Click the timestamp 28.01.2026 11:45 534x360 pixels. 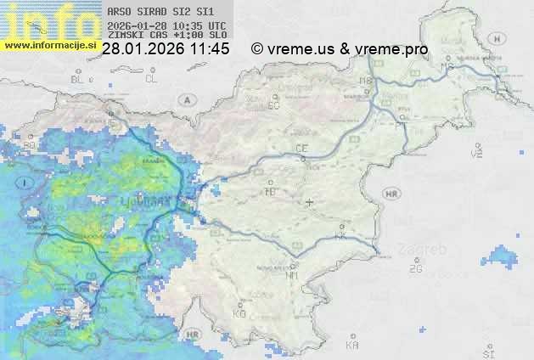tap(166, 49)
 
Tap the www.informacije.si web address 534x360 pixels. tap(51, 44)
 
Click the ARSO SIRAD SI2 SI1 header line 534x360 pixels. tap(160, 13)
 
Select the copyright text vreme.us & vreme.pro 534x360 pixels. tap(340, 49)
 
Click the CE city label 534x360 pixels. tap(301, 149)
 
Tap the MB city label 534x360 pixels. tap(367, 81)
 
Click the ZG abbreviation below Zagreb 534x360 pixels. tap(415, 268)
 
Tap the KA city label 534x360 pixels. tap(352, 345)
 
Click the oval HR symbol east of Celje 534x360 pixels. tap(391, 194)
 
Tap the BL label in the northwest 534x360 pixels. tap(79, 79)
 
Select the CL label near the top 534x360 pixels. tap(152, 78)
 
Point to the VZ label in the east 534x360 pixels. tap(476, 154)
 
